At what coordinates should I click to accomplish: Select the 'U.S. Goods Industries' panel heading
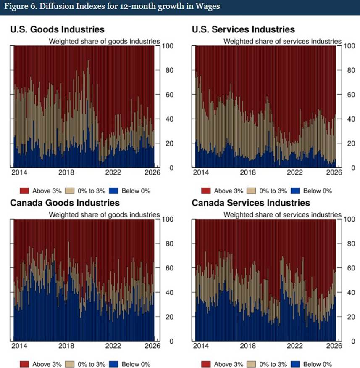[57, 29]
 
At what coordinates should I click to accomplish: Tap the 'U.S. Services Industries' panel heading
[243, 29]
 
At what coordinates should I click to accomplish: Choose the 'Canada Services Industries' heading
[251, 203]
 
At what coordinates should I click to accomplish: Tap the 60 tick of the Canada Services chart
[349, 268]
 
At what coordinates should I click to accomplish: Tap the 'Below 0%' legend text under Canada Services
[318, 364]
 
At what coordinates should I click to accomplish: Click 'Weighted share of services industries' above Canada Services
[282, 215]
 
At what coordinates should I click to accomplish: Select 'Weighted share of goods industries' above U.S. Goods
[105, 41]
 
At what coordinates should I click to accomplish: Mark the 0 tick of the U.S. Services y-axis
[347, 168]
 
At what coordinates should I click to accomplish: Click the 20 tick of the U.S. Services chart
[349, 143]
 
